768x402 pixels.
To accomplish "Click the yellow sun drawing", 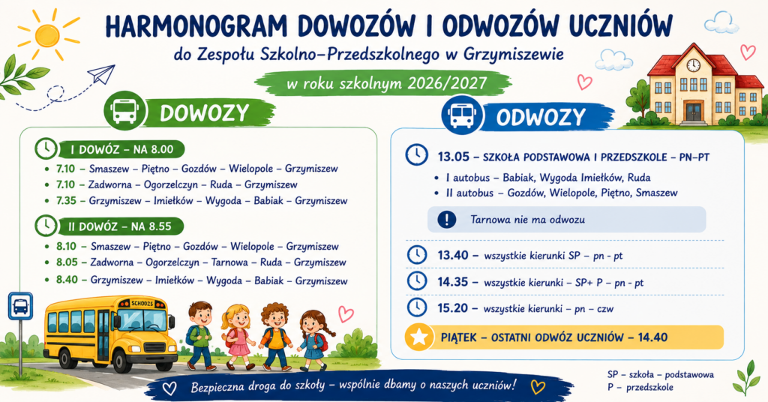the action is [x=47, y=34].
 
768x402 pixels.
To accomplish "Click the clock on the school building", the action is [x=693, y=64].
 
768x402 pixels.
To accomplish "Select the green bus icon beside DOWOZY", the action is [x=125, y=111].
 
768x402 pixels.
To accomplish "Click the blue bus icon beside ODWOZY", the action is [x=461, y=115].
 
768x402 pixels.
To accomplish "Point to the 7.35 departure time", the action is [x=66, y=200].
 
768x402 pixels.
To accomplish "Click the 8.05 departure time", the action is [x=67, y=262].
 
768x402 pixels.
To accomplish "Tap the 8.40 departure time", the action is [x=67, y=280].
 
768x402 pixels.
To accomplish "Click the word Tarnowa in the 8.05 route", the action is [x=229, y=262].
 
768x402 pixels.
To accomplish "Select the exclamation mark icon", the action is [x=446, y=219].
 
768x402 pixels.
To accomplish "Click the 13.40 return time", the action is [x=453, y=255].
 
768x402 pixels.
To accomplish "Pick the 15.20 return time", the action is [x=453, y=308].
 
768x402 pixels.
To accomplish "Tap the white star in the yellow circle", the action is [x=419, y=337].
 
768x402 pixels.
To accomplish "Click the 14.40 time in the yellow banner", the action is [x=652, y=337].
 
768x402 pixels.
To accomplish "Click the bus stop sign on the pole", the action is [x=20, y=307].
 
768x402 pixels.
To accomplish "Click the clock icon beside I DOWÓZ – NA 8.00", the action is [x=46, y=148].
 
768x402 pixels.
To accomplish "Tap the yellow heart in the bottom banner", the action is [x=538, y=387].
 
